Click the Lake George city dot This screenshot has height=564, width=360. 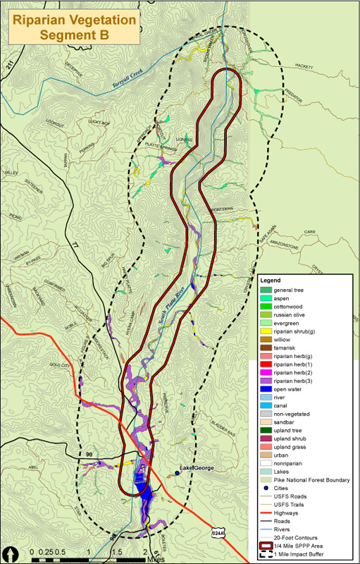[x=176, y=472]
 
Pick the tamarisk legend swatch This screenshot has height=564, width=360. [x=267, y=347]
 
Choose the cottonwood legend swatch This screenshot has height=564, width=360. [x=267, y=307]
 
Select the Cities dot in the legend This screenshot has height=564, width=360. [x=267, y=488]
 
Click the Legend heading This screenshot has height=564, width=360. [x=271, y=281]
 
